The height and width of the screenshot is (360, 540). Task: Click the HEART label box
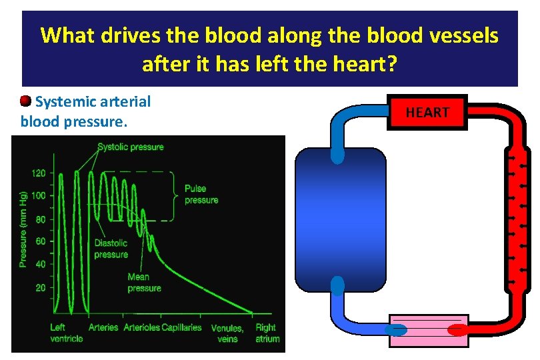point(427,113)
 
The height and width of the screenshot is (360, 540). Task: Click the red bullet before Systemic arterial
point(25,101)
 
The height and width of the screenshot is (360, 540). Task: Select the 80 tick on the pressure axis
point(39,219)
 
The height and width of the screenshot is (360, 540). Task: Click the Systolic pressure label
point(131,147)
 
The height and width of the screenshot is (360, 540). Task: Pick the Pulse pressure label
point(201,195)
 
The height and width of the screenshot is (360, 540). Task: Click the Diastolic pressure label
point(111,249)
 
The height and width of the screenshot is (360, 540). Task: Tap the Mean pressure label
point(144,283)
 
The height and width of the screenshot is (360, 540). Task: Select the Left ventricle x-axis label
point(67,333)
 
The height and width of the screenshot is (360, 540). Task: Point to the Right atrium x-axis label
point(267,333)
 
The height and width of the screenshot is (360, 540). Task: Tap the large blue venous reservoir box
point(340,220)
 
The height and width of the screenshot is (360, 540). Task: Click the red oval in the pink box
point(457,329)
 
